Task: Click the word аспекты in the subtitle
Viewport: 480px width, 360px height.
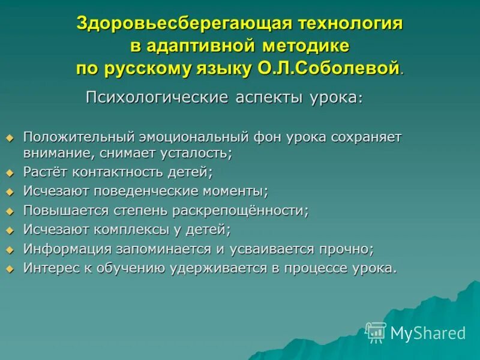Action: click(x=265, y=97)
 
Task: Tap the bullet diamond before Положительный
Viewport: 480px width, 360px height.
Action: click(x=9, y=137)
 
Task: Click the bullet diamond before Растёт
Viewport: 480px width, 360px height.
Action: click(x=9, y=173)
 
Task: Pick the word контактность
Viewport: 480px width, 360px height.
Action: click(x=111, y=172)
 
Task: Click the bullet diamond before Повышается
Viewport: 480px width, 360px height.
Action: click(x=9, y=211)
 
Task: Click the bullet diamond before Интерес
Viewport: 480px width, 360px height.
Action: click(x=9, y=269)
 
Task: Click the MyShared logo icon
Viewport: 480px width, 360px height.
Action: click(x=376, y=332)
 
